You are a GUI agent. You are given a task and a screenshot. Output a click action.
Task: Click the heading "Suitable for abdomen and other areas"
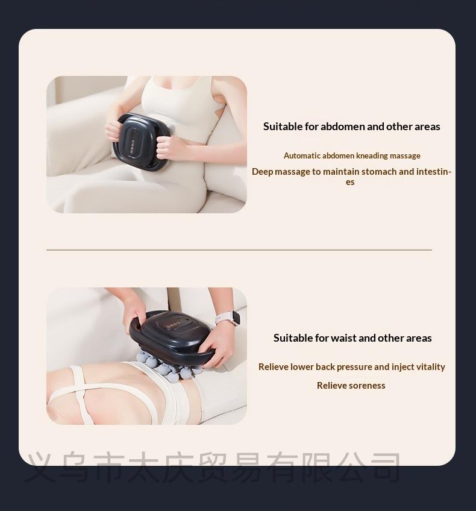351,127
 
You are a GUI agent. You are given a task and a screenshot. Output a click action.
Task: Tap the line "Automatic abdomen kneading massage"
352,156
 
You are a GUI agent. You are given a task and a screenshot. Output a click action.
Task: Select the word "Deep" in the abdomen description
262,172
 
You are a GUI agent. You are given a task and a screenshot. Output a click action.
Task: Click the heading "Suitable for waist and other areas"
352,338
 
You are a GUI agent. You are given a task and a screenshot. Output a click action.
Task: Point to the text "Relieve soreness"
351,386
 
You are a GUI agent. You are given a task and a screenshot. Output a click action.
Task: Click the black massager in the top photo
140,142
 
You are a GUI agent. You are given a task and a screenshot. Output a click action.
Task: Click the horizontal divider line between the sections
239,249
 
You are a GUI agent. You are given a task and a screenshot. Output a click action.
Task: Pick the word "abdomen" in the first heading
342,127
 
